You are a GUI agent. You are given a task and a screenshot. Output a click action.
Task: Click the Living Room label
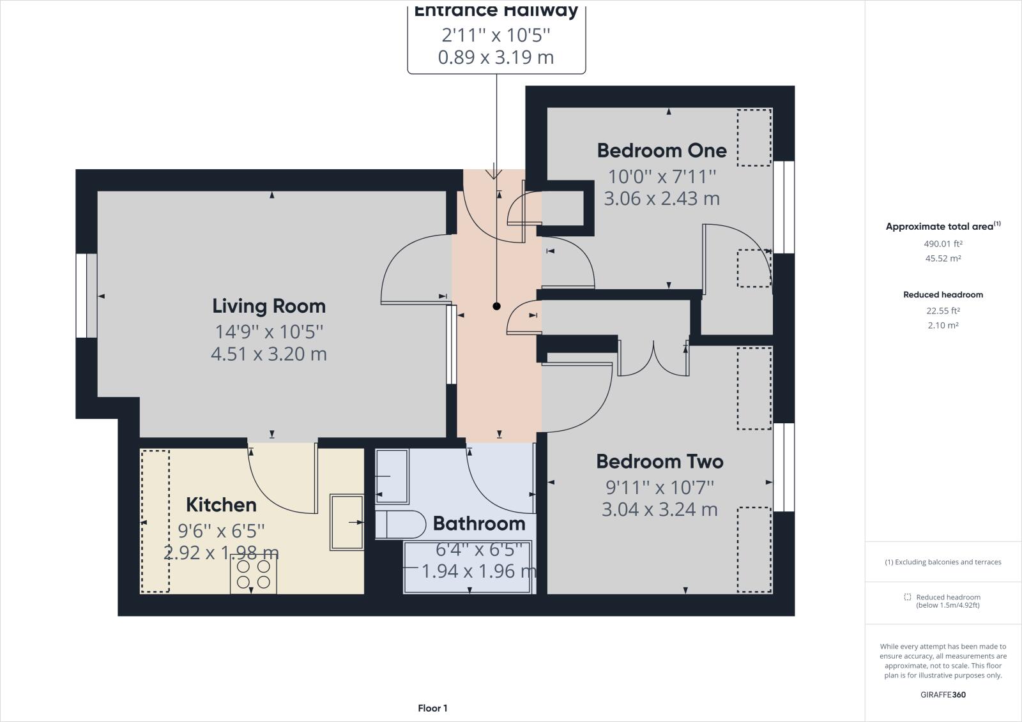point(269,306)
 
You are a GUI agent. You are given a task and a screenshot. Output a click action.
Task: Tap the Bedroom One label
point(662,151)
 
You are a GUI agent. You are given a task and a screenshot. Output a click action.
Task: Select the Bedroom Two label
point(660,462)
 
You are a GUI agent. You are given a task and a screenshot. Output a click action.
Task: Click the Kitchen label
point(221,505)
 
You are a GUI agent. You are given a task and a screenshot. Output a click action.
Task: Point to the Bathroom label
point(479,523)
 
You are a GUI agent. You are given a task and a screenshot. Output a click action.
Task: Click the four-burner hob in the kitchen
point(254,575)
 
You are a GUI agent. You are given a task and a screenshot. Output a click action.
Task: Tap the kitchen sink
point(346,522)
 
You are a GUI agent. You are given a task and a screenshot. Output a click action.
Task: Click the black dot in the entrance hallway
point(496,306)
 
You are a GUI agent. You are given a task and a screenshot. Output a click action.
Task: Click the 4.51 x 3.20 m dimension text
point(269,354)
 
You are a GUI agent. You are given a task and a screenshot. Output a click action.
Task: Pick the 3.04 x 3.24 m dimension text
point(660,509)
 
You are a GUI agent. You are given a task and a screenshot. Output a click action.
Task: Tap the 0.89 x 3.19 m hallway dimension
point(496,57)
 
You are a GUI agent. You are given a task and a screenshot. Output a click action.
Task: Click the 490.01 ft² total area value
point(943,243)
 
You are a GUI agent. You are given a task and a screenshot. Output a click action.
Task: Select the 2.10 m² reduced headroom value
point(943,325)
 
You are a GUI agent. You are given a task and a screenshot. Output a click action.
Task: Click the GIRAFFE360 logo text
point(943,695)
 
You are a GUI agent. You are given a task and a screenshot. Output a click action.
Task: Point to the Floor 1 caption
point(432,708)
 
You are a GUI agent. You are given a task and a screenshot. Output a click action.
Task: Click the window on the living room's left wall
point(86,296)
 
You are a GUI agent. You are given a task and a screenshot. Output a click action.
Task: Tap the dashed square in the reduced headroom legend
point(907,597)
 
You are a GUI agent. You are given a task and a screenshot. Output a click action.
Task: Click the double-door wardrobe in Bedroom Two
point(653,359)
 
